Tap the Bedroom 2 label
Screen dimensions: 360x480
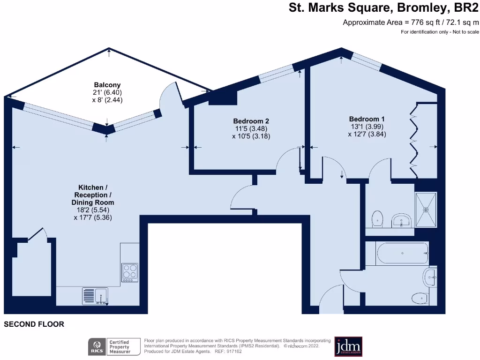(251, 121)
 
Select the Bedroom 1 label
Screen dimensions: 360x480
(367, 119)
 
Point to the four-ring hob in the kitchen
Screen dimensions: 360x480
(130, 271)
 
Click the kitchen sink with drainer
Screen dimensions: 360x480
(96, 296)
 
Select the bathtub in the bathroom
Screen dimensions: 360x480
(403, 254)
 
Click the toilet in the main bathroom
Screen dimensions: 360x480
(418, 298)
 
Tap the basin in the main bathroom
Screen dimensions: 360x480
(430, 277)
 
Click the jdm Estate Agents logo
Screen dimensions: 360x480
(348, 346)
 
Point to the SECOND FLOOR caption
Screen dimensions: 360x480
(34, 324)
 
